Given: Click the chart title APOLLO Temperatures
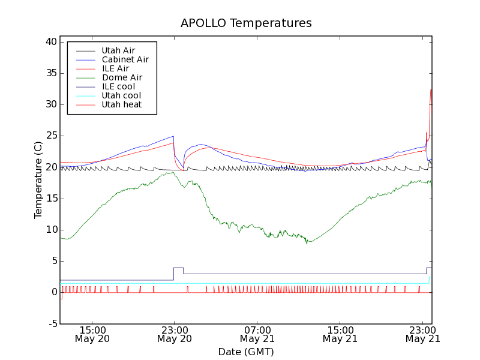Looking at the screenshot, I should tap(246, 23).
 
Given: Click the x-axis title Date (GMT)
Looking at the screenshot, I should tap(246, 352).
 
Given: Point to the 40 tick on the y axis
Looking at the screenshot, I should tap(50, 42).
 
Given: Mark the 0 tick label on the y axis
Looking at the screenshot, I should tap(53, 292).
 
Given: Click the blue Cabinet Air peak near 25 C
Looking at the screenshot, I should tap(173, 136).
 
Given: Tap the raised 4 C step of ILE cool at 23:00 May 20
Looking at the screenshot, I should tap(178, 268).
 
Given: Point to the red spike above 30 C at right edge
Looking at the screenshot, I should tap(431, 90).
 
